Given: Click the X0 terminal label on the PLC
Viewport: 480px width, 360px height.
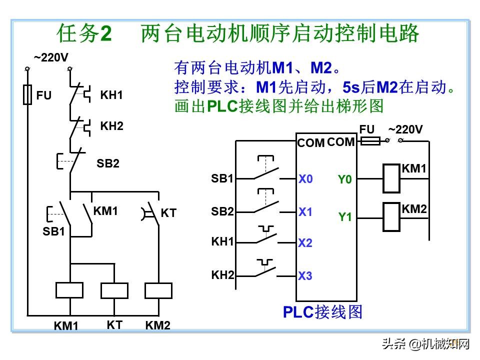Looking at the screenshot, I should pyautogui.click(x=305, y=179).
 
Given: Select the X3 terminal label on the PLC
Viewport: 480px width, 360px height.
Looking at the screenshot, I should pyautogui.click(x=305, y=276).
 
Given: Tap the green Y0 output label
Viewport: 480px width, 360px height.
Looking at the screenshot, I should pyautogui.click(x=345, y=179).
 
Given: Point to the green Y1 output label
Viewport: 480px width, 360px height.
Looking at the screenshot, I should pyautogui.click(x=345, y=217).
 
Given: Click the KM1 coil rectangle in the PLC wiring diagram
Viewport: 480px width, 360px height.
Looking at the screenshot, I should pyautogui.click(x=391, y=178).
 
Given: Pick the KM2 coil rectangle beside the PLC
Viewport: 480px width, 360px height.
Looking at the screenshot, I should pyautogui.click(x=391, y=217).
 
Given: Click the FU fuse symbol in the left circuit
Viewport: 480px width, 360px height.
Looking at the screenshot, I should pyautogui.click(x=28, y=94).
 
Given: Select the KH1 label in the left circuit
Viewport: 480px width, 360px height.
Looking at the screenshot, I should pyautogui.click(x=111, y=95).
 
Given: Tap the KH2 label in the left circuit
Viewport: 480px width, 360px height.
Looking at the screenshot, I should pyautogui.click(x=111, y=126).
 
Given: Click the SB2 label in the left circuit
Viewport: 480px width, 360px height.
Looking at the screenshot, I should pyautogui.click(x=108, y=163).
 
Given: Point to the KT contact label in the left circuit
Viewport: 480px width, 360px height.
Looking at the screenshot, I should pyautogui.click(x=168, y=213).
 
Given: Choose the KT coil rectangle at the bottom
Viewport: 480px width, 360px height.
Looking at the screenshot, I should pyautogui.click(x=114, y=290).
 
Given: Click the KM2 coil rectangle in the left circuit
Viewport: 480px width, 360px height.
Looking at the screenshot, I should pyautogui.click(x=158, y=290).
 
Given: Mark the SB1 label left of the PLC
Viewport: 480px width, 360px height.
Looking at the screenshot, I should pyautogui.click(x=222, y=178).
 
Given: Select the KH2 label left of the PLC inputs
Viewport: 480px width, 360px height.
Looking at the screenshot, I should pyautogui.click(x=222, y=274).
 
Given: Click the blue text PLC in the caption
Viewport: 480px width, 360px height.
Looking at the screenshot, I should pyautogui.click(x=298, y=312).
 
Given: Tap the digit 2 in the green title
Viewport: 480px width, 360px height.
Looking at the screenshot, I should pyautogui.click(x=106, y=34).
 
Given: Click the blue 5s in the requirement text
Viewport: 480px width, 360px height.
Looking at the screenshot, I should pyautogui.click(x=351, y=87).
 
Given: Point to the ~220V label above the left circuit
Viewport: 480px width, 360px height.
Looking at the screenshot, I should pyautogui.click(x=51, y=57).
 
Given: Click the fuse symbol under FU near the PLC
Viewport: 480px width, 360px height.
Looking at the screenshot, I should pyautogui.click(x=370, y=141).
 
